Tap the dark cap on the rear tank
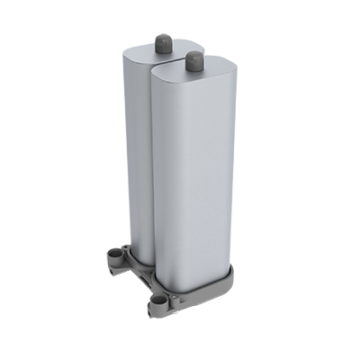coord(164,42)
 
